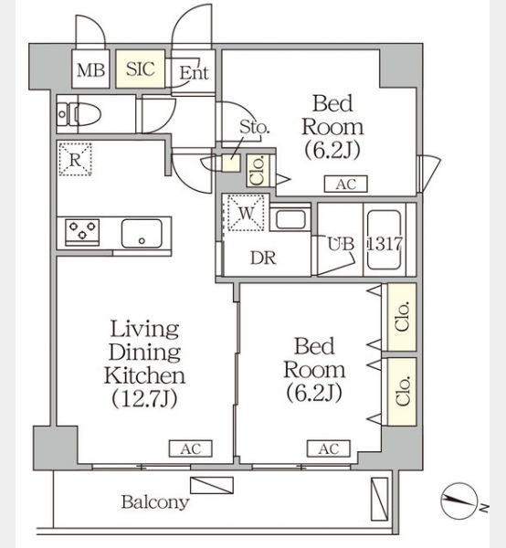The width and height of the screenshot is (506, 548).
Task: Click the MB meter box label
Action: coord(90,69)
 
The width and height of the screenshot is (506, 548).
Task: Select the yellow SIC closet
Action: coord(140,68)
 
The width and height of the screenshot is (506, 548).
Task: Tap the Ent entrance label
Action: coord(195,73)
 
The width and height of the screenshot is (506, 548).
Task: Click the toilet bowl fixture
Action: coord(85,114)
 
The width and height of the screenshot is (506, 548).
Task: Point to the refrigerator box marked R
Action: coord(75,159)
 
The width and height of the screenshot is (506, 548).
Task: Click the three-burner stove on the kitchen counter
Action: coord(82,231)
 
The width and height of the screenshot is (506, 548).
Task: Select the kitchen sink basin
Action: coord(142,233)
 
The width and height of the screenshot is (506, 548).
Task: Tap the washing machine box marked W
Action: coord(246,213)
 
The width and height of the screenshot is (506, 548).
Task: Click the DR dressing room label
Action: coord(263,258)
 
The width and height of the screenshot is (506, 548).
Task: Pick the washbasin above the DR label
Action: coord(290,219)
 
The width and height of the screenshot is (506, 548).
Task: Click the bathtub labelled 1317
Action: coord(384,239)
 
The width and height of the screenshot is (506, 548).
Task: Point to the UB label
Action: coord(341,244)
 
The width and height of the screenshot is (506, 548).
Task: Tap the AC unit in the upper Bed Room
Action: coord(345,184)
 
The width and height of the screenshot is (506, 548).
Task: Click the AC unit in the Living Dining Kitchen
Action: coord(191,448)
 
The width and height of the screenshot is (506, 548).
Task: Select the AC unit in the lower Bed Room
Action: coord(329,448)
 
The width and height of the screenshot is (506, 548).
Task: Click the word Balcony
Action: coord(155,502)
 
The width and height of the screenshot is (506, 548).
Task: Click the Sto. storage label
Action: coord(254,127)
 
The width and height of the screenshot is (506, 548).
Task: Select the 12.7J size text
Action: coord(144,398)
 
